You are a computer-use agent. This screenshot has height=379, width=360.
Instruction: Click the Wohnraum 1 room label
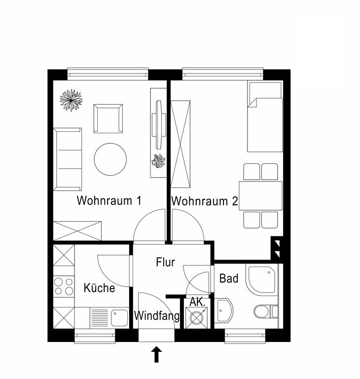[x=109, y=201]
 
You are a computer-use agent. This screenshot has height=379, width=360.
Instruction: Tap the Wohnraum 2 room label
[x=205, y=201]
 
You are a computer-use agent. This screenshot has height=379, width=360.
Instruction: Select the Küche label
[x=99, y=288]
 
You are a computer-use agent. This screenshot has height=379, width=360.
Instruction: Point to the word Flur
[x=165, y=262]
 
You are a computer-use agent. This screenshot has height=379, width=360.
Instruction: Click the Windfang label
[x=157, y=316]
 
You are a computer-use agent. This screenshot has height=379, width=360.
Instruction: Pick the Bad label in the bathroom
[x=228, y=278]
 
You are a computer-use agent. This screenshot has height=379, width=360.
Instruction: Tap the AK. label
[x=197, y=302]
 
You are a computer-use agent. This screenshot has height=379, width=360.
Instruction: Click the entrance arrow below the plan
[x=156, y=354]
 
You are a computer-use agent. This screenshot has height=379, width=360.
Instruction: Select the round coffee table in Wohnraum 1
[x=110, y=159]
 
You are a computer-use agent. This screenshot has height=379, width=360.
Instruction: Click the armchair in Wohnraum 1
[x=108, y=118]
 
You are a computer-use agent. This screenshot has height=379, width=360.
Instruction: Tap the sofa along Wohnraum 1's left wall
[x=68, y=159]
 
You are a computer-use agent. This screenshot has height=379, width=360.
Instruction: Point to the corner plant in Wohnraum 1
[x=71, y=100]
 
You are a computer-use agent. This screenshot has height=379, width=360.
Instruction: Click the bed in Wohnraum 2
[x=265, y=117]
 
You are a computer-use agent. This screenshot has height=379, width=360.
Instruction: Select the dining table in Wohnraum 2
[x=260, y=195]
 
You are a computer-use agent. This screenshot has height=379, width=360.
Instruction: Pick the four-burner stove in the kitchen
[x=64, y=286]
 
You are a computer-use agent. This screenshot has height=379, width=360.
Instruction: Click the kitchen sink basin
[x=119, y=318]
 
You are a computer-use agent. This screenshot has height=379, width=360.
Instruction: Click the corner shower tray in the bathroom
[x=262, y=279]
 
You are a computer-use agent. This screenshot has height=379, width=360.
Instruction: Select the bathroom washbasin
[x=223, y=310]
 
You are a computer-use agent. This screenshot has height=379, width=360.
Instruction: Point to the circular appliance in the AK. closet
[x=196, y=318]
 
